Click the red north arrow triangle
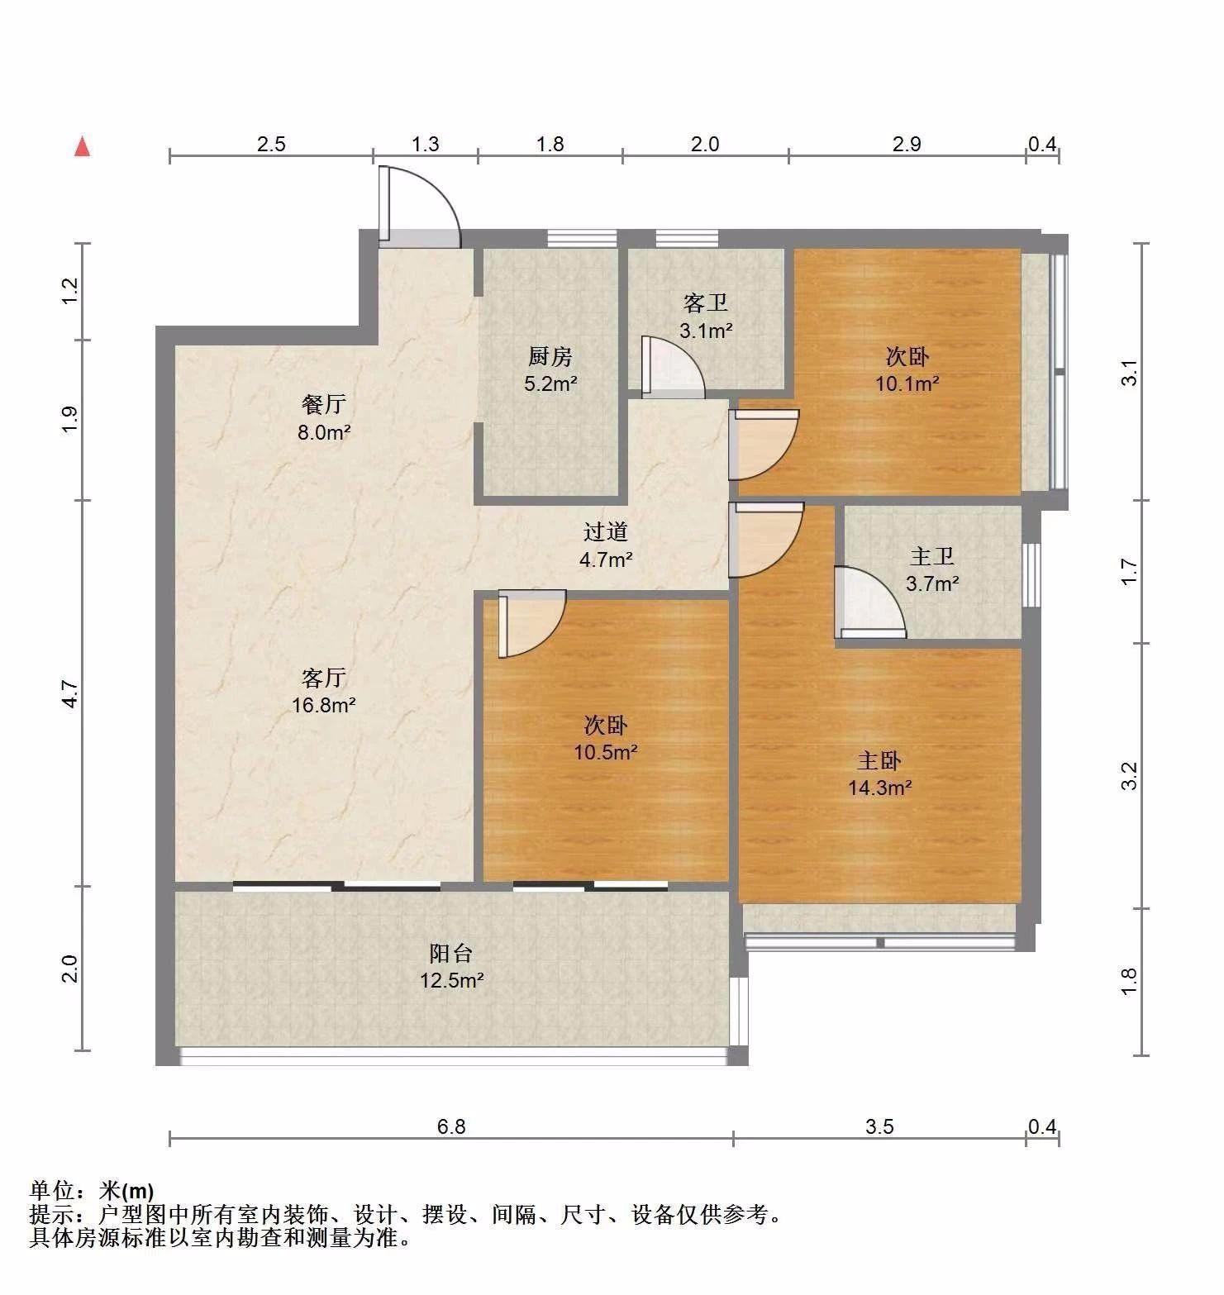click(x=82, y=146)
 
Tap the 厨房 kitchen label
click(x=550, y=369)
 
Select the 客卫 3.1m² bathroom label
click(x=706, y=317)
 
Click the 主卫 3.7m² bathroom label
click(x=932, y=569)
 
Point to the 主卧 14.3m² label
click(x=879, y=774)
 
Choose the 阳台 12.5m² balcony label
click(x=451, y=966)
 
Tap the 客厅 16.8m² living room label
click(x=323, y=691)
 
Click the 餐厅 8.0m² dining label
click(x=324, y=417)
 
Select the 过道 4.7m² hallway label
click(x=606, y=545)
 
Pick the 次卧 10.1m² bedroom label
click(x=907, y=369)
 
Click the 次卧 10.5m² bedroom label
click(x=606, y=738)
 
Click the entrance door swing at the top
click(x=419, y=207)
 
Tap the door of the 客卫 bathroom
click(x=673, y=367)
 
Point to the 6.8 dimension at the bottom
click(x=451, y=1126)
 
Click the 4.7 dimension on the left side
click(x=71, y=693)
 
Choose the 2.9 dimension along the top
click(x=907, y=144)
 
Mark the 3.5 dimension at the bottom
click(x=879, y=1126)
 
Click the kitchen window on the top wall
click(x=582, y=238)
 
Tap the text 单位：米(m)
click(x=92, y=1191)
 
